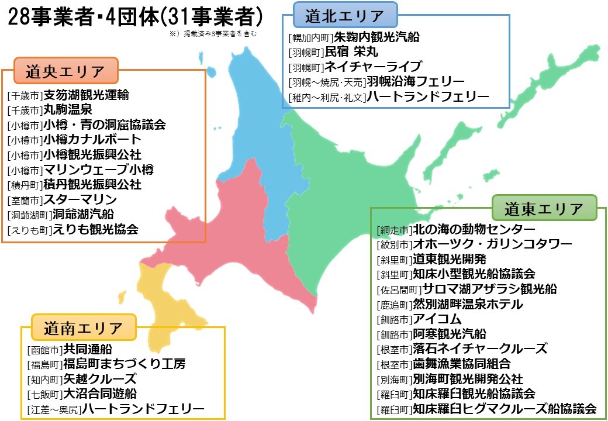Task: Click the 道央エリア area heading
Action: (x=65, y=71)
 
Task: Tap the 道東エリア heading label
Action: (x=544, y=208)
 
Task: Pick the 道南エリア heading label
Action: (x=83, y=328)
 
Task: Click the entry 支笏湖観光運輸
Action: (x=87, y=95)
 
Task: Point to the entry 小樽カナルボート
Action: (x=92, y=140)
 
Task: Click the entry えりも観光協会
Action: (x=95, y=230)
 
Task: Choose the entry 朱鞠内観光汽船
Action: (x=376, y=37)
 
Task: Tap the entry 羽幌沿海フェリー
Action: (x=415, y=81)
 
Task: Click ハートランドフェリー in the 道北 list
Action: (x=427, y=96)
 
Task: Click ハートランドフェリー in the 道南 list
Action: (x=143, y=409)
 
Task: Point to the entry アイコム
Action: (x=437, y=319)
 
